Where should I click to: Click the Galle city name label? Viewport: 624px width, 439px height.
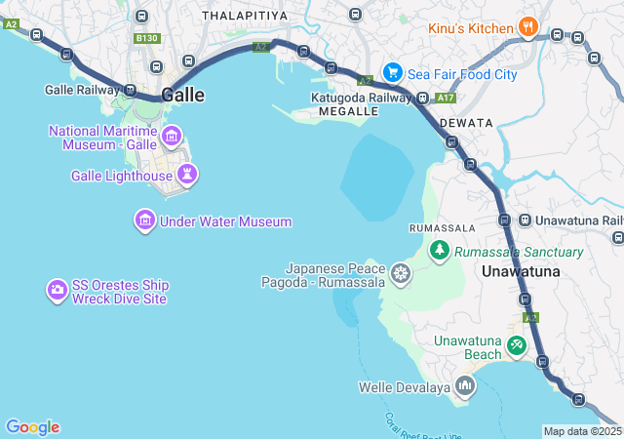[x=182, y=95]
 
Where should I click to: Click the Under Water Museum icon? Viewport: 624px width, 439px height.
[x=145, y=221]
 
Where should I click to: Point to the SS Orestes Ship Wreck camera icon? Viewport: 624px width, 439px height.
[x=58, y=291]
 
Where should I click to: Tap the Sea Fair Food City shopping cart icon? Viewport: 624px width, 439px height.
[x=392, y=71]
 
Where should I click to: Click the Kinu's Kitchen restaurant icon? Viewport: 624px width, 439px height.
[x=527, y=28]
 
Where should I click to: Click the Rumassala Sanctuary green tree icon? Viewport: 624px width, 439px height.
[x=439, y=252]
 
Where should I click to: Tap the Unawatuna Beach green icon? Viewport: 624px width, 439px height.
[x=516, y=344]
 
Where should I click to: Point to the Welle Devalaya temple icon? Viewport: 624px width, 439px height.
[x=465, y=387]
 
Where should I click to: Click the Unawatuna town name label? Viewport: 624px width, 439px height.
[x=522, y=271]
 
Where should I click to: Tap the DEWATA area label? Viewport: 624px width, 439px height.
[x=460, y=123]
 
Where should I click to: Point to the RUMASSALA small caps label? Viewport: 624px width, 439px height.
[x=442, y=227]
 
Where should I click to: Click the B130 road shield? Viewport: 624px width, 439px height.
[x=147, y=38]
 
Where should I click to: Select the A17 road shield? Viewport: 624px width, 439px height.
[x=446, y=99]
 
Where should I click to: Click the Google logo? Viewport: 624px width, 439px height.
[x=32, y=427]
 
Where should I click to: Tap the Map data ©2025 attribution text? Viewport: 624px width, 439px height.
[x=582, y=431]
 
